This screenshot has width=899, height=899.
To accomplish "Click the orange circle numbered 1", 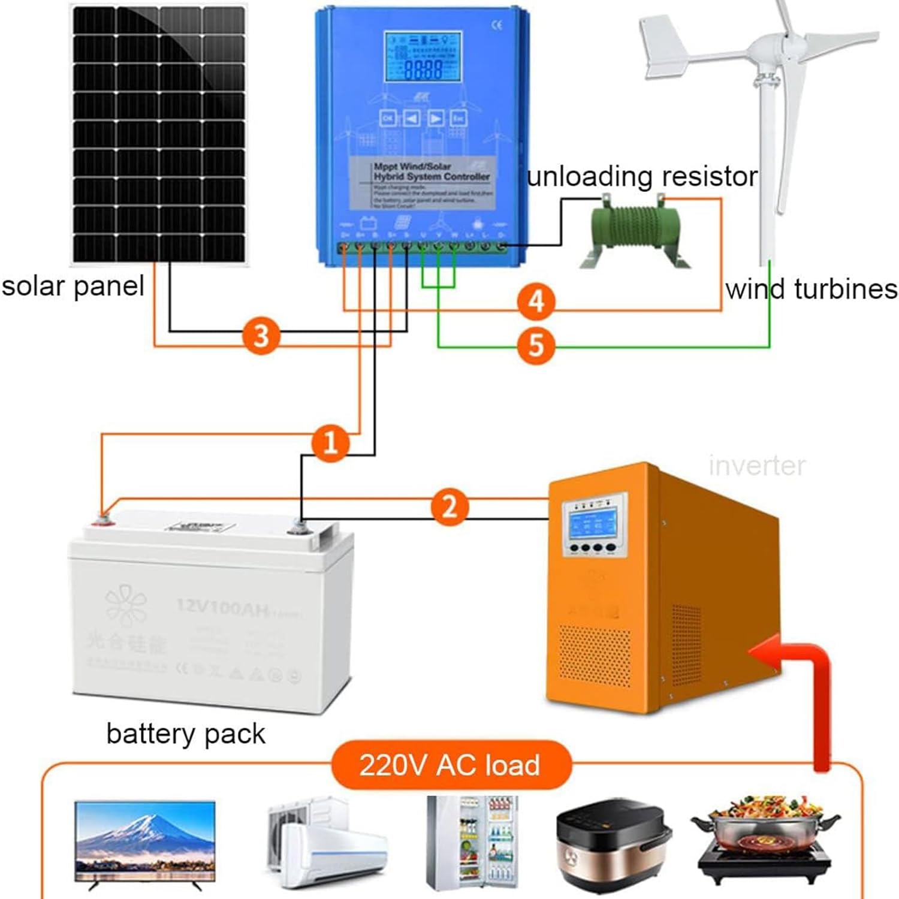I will click(330, 443).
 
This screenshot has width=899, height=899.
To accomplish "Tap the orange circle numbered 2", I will click(449, 506).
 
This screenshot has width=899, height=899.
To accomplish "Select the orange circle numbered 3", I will click(261, 336).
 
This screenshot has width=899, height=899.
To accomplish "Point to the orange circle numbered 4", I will click(536, 301).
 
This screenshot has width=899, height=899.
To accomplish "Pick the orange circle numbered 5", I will click(536, 345).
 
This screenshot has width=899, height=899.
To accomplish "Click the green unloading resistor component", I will click(635, 231).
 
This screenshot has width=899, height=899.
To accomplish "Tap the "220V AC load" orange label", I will click(450, 765).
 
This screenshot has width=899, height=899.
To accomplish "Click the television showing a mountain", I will click(145, 842).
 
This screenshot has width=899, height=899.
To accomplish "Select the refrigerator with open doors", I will click(472, 842).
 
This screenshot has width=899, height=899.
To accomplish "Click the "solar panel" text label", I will click(73, 286).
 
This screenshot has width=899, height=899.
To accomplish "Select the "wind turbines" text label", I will click(811, 289).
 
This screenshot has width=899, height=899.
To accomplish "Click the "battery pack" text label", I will click(186, 734).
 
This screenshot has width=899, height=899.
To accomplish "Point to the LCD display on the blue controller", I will click(423, 57).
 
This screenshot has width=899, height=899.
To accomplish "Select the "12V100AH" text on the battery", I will click(223, 607).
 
